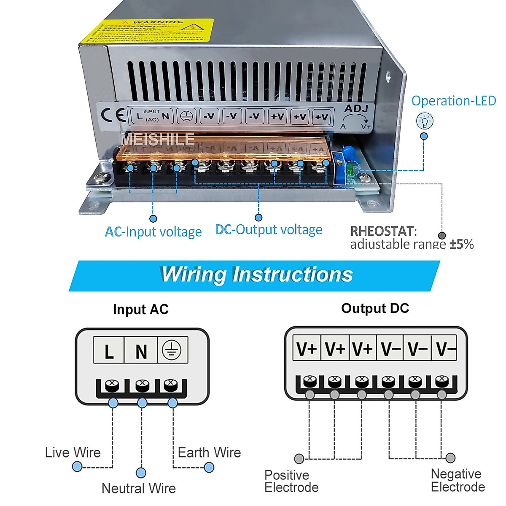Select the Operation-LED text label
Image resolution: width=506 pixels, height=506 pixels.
[x=453, y=101]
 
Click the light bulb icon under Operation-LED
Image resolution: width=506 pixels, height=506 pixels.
[x=425, y=121]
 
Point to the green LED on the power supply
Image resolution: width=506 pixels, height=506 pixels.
[x=350, y=170]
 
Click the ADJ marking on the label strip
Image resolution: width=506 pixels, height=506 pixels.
[x=356, y=109]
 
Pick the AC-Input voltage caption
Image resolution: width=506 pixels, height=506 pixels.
[x=153, y=232]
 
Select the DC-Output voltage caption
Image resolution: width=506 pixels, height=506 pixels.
[x=269, y=230]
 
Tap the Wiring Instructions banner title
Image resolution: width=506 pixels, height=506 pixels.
[x=257, y=275]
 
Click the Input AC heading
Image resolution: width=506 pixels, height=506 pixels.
[x=141, y=310]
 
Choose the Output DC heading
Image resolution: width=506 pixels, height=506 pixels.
[x=375, y=308]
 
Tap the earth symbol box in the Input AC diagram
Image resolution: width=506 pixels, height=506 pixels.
[x=172, y=350]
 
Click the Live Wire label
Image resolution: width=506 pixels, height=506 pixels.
[x=73, y=452]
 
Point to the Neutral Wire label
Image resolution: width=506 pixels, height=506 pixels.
[x=139, y=488]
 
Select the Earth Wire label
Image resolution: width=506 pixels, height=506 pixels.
[x=209, y=452]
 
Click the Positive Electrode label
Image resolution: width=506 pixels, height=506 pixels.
[x=291, y=481]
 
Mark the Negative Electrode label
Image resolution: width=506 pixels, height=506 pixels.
[x=458, y=480]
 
